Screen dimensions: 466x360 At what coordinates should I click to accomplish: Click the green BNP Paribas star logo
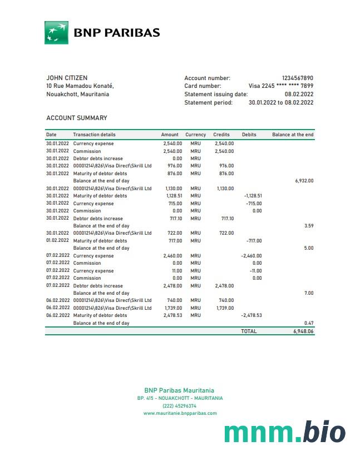pyautogui.click(x=56, y=32)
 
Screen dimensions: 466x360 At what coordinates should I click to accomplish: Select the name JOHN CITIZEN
pyautogui.click(x=67, y=78)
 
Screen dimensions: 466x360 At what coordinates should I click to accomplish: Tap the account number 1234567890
pyautogui.click(x=298, y=78)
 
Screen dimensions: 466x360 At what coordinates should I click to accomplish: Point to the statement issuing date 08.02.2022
pyautogui.click(x=299, y=95)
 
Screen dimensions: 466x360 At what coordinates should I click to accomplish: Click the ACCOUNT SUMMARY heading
pyautogui.click(x=77, y=118)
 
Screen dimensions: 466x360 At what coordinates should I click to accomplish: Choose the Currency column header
pyautogui.click(x=195, y=135)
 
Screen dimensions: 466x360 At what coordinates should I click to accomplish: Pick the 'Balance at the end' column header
pyautogui.click(x=293, y=135)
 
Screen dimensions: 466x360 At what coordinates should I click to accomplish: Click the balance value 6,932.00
pyautogui.click(x=304, y=181)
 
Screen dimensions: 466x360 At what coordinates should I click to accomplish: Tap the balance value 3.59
pyautogui.click(x=309, y=226)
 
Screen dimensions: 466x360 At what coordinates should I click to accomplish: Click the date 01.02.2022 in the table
pyautogui.click(x=57, y=241)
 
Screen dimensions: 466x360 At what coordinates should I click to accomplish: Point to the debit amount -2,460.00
pyautogui.click(x=251, y=256)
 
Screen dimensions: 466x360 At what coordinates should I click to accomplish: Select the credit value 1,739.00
pyautogui.click(x=224, y=308)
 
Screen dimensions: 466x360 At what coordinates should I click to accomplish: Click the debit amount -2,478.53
pyautogui.click(x=251, y=315)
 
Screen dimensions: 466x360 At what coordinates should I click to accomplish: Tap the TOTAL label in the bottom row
pyautogui.click(x=249, y=331)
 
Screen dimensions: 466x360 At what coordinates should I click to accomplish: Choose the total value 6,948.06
pyautogui.click(x=303, y=331)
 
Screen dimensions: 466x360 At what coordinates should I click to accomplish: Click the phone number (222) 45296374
pyautogui.click(x=179, y=406)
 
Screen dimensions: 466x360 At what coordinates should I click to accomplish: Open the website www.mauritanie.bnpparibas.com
pyautogui.click(x=180, y=413)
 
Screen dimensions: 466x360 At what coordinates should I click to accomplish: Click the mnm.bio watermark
pyautogui.click(x=284, y=433)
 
